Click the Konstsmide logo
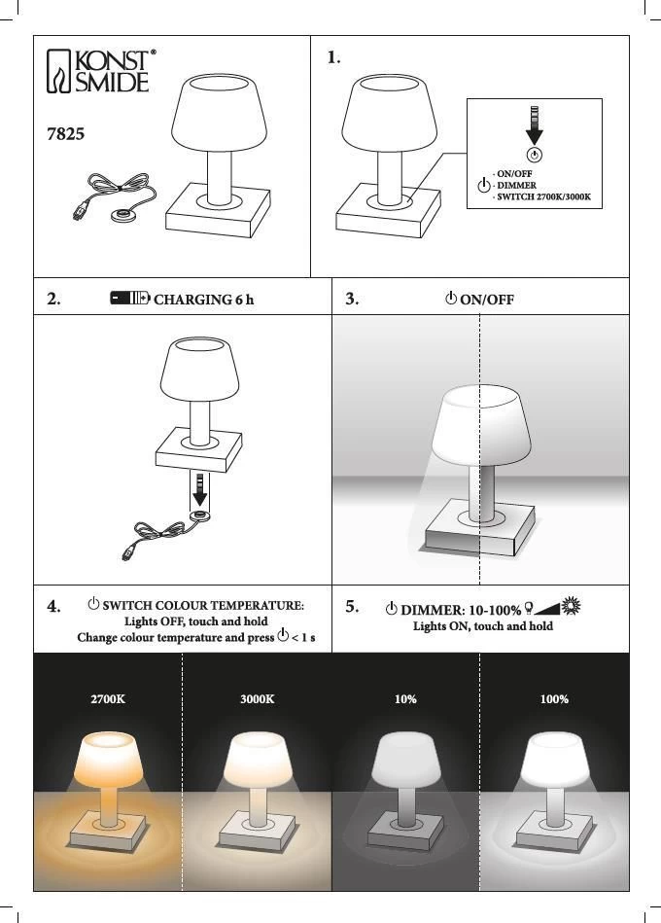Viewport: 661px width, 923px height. click(100, 71)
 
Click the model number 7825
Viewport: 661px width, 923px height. click(65, 134)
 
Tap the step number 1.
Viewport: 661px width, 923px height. click(333, 57)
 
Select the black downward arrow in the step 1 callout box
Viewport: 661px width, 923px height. click(534, 125)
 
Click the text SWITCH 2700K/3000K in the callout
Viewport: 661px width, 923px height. click(544, 196)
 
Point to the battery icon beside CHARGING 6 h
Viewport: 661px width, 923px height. click(130, 298)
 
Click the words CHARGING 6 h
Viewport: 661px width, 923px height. click(203, 300)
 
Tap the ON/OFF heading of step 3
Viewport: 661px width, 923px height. click(486, 300)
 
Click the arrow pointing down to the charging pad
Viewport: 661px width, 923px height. click(200, 489)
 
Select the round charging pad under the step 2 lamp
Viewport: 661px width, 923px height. click(200, 516)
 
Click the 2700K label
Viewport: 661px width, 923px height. click(108, 699)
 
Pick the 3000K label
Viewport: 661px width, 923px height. click(257, 699)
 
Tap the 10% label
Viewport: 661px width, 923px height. click(405, 699)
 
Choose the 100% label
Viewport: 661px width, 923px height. click(554, 699)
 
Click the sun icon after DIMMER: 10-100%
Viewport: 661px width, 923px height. click(571, 606)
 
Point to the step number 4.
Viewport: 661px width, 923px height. click(53, 606)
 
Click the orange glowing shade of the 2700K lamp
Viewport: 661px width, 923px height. click(108, 759)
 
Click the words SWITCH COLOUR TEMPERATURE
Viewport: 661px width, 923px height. click(202, 606)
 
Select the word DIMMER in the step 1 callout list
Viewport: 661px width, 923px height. click(516, 186)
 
